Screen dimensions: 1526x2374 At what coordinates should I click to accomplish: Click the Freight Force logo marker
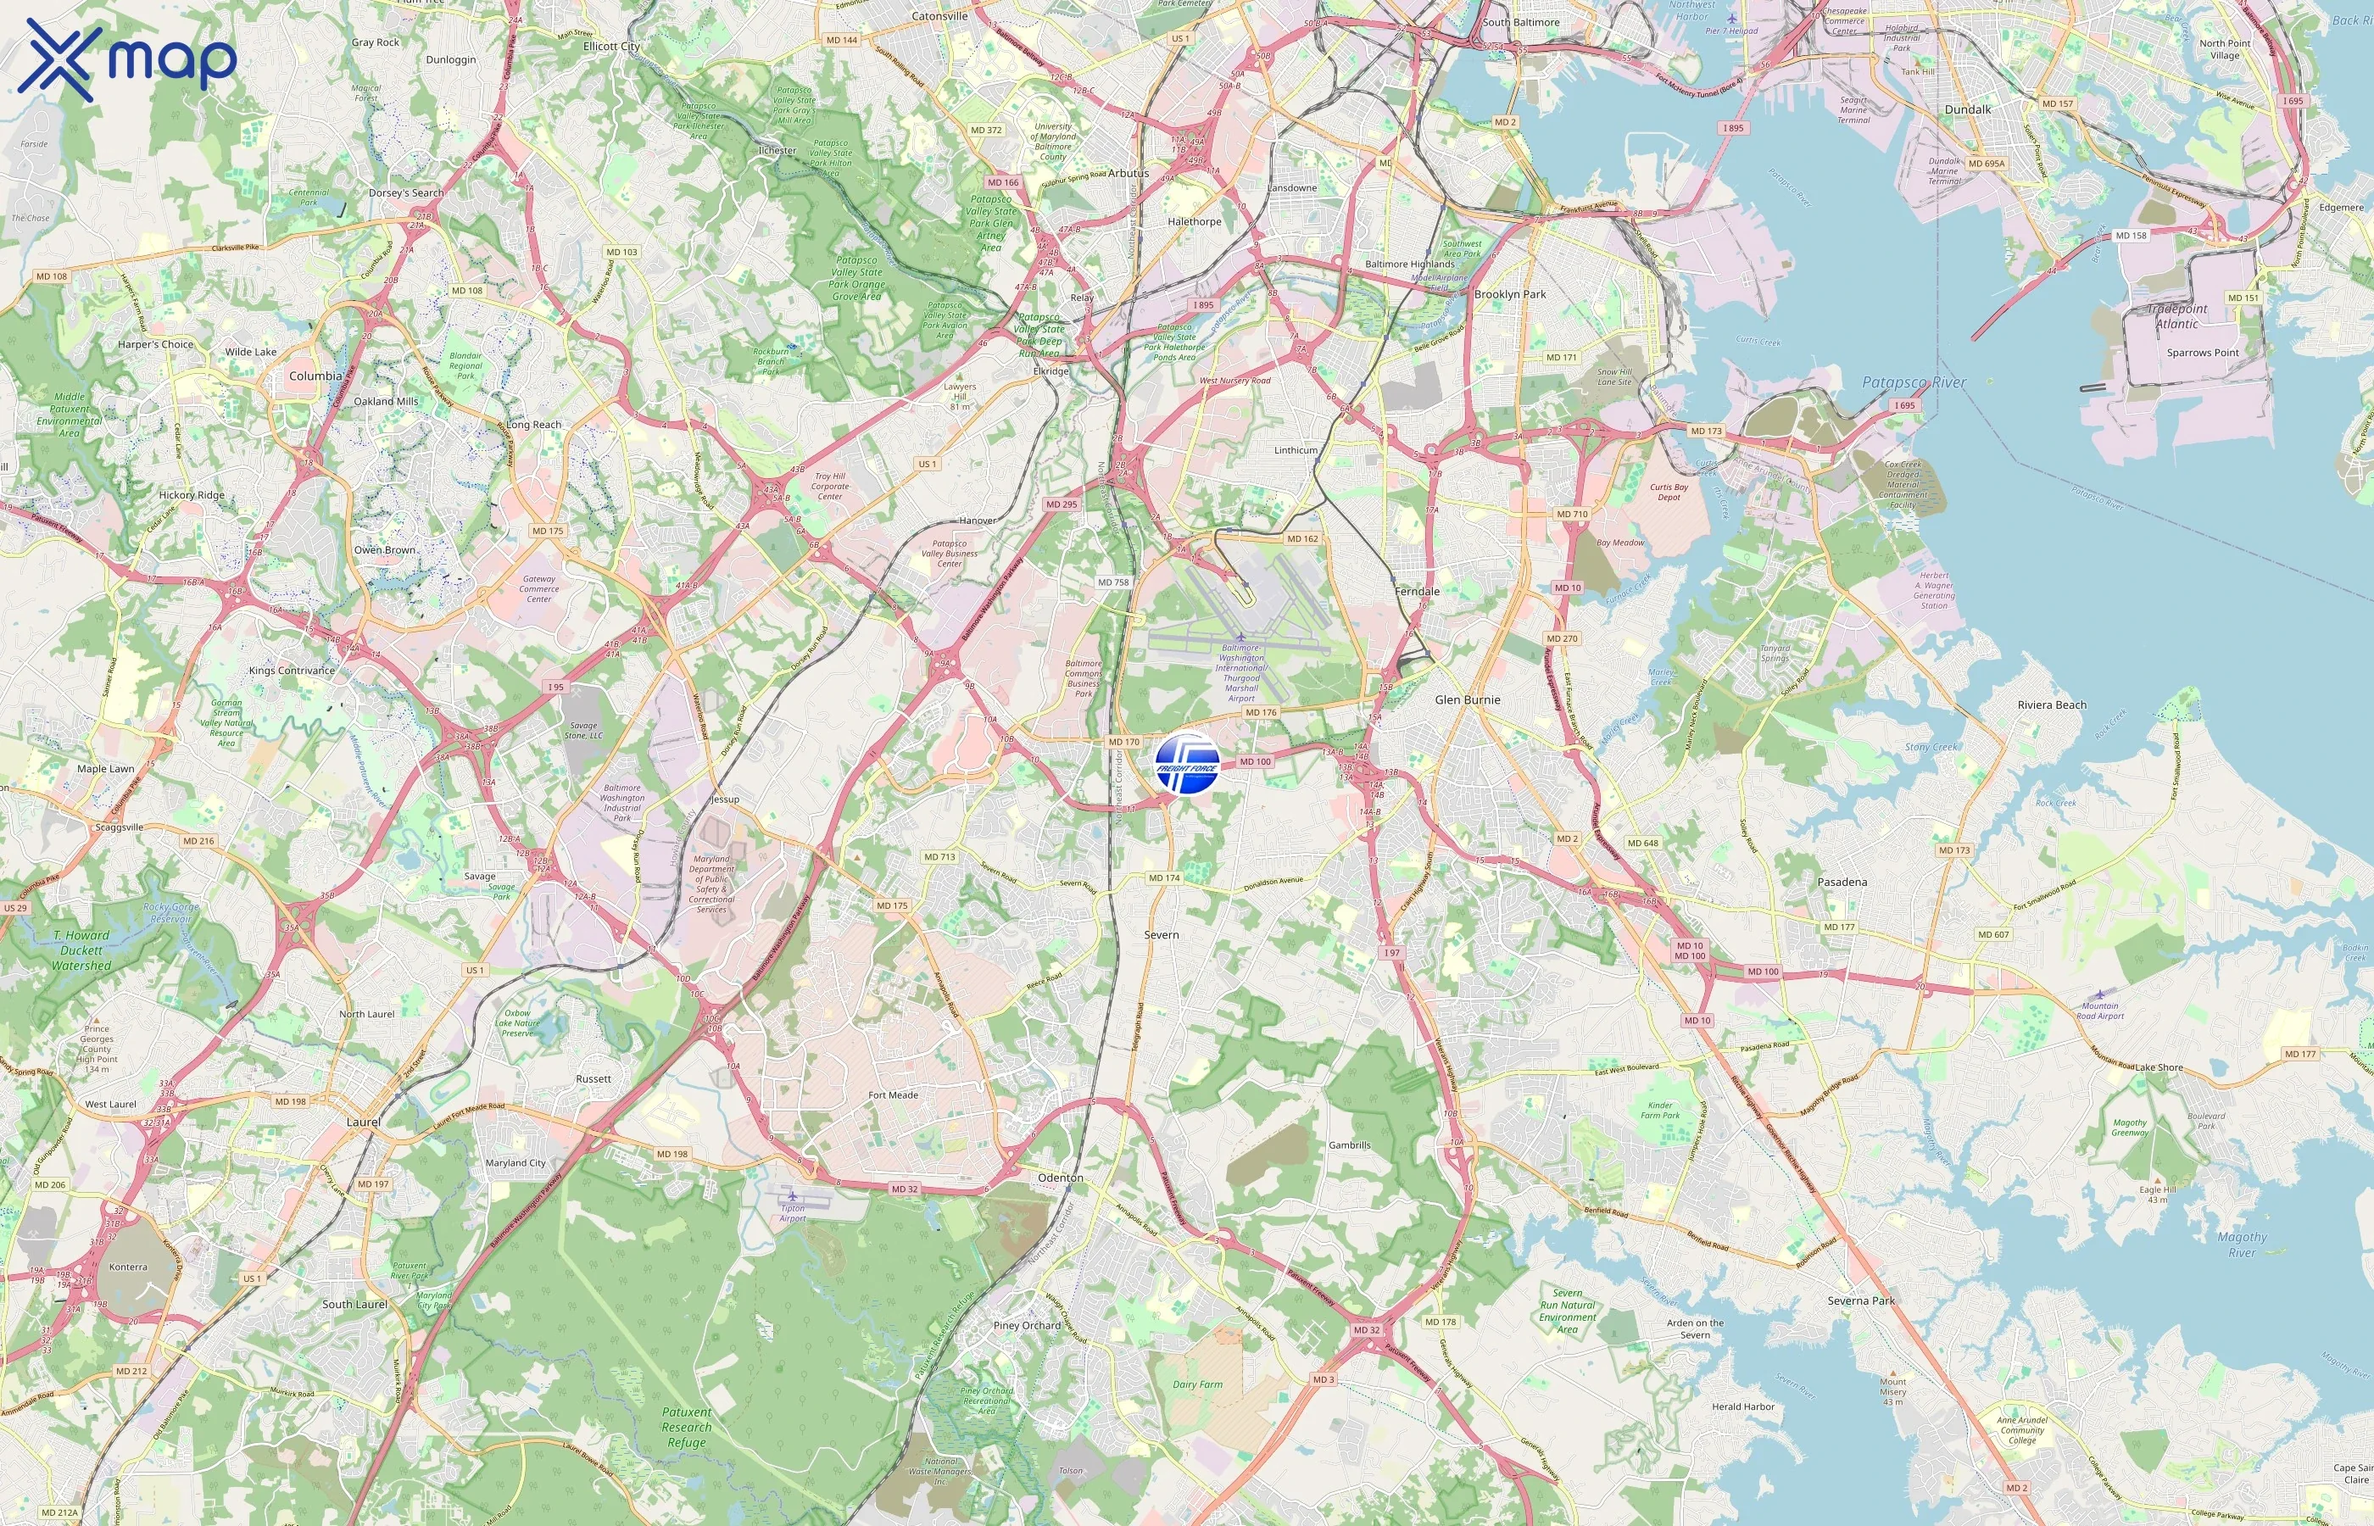click(x=1187, y=764)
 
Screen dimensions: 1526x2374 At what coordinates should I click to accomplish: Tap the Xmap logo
click(x=127, y=59)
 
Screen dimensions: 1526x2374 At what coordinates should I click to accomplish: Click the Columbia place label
click(x=315, y=376)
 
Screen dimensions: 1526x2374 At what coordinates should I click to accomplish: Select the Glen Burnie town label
click(x=1468, y=699)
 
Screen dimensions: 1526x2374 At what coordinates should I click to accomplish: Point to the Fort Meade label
click(x=893, y=1095)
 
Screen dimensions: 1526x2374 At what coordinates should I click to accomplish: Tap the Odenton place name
click(x=1060, y=1178)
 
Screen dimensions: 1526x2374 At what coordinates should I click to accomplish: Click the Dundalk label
click(x=1967, y=110)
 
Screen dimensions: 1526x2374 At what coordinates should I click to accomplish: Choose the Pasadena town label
click(x=1842, y=882)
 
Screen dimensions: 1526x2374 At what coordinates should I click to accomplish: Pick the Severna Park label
click(x=1861, y=1301)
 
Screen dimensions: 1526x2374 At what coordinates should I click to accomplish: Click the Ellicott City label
click(x=611, y=47)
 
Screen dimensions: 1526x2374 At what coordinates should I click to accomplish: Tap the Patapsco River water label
click(x=1914, y=382)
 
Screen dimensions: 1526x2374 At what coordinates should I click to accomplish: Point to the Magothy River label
click(x=2241, y=1245)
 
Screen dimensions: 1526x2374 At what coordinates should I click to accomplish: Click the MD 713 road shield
click(x=939, y=857)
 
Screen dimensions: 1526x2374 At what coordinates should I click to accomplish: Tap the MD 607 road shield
click(x=1992, y=934)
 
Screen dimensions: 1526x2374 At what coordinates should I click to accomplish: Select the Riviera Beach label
click(x=2051, y=705)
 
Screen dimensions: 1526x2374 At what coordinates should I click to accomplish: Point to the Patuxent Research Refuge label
click(x=687, y=1427)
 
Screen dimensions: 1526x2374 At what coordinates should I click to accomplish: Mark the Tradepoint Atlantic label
click(x=2176, y=316)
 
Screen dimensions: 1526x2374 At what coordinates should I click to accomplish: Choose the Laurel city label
click(x=364, y=1122)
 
